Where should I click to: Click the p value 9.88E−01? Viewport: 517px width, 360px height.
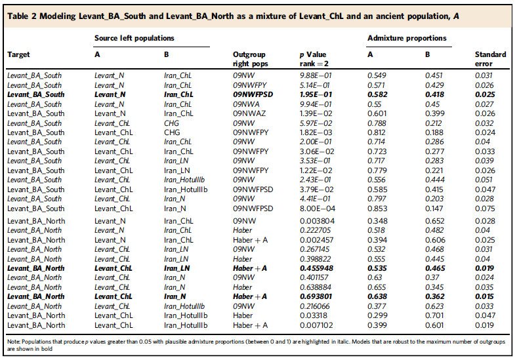[x=316, y=75]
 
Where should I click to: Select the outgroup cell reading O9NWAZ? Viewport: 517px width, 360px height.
[x=249, y=113]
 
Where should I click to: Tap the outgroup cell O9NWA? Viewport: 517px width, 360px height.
[x=246, y=104]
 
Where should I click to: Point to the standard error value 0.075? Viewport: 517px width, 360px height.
[x=485, y=209]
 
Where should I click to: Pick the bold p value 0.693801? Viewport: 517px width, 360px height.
[x=316, y=296]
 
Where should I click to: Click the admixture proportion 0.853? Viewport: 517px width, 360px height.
[x=377, y=209]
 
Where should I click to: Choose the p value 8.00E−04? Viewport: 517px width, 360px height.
[x=316, y=209]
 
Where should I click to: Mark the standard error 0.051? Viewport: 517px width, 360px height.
[x=484, y=180]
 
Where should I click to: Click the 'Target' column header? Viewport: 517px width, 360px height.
[x=18, y=54]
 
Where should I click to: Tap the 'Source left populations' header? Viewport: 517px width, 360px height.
[x=134, y=38]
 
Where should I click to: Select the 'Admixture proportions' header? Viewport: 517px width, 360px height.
[x=407, y=38]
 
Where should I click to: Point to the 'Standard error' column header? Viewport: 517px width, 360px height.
[x=490, y=59]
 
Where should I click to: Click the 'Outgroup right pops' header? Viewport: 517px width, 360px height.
[x=250, y=59]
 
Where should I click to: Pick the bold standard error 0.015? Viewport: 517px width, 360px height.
[x=485, y=296]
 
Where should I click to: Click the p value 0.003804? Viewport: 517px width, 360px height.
[x=317, y=221]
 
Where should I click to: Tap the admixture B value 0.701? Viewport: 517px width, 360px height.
[x=435, y=315]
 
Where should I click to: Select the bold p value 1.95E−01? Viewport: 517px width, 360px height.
[x=316, y=94]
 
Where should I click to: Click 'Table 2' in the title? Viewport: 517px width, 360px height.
[x=22, y=16]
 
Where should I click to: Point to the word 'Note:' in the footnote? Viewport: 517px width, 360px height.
[x=14, y=342]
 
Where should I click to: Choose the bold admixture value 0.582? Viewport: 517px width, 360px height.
[x=377, y=94]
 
